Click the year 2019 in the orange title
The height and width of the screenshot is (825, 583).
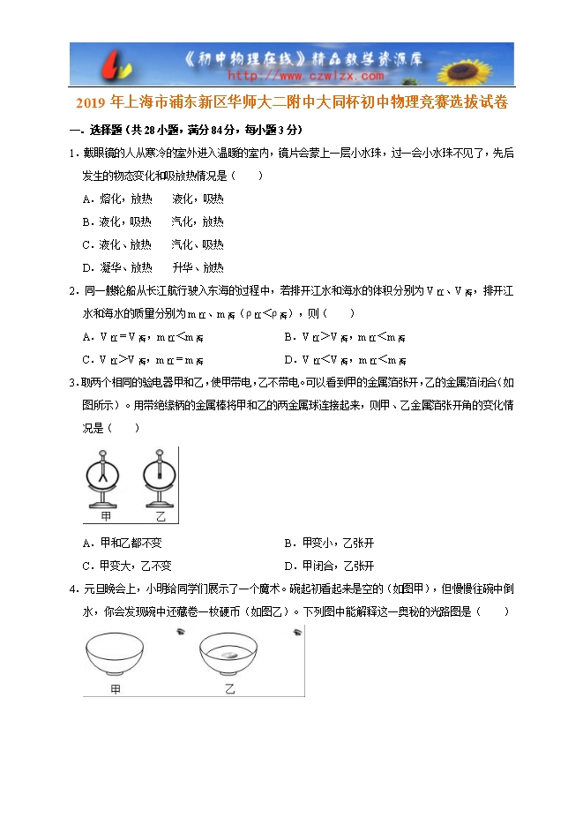(x=90, y=102)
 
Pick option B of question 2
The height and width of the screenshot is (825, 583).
(x=345, y=337)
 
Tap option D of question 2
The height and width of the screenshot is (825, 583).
(x=345, y=360)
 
